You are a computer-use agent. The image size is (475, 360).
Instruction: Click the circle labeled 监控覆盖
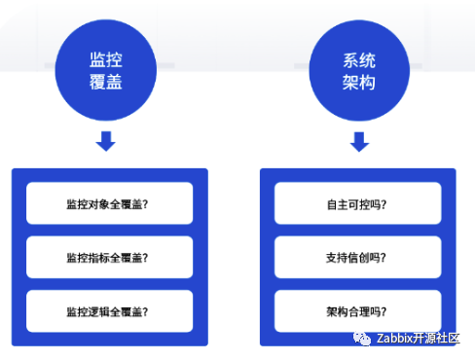pyautogui.click(x=106, y=70)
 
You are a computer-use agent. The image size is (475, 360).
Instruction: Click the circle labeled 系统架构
pyautogui.click(x=359, y=70)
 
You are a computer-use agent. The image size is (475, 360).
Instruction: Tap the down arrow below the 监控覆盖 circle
pyautogui.click(x=106, y=141)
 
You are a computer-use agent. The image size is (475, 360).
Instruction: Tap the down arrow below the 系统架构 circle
pyautogui.click(x=359, y=142)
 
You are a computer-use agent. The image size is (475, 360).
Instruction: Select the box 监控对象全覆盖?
pyautogui.click(x=110, y=203)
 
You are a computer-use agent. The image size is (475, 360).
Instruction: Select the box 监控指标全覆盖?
pyautogui.click(x=110, y=257)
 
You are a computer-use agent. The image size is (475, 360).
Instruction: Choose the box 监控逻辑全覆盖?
pyautogui.click(x=110, y=311)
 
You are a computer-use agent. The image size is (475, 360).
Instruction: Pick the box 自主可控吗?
pyautogui.click(x=358, y=203)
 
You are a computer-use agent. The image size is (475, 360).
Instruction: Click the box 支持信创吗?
pyautogui.click(x=358, y=257)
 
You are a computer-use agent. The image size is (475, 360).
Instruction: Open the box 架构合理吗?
pyautogui.click(x=358, y=311)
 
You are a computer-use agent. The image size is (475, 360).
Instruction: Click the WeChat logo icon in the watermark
pyautogui.click(x=362, y=339)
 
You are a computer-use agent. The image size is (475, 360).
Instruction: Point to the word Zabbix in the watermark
pyautogui.click(x=394, y=339)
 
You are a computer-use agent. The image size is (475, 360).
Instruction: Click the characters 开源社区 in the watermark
pyautogui.click(x=436, y=339)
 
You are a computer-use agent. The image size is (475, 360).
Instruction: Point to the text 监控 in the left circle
pyautogui.click(x=106, y=59)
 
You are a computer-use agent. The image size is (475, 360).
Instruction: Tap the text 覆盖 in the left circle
pyautogui.click(x=106, y=82)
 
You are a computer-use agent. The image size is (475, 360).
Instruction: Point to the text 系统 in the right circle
pyautogui.click(x=359, y=60)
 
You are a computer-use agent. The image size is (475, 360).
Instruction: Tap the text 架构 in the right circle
pyautogui.click(x=359, y=82)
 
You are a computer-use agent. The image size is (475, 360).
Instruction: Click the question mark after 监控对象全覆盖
pyautogui.click(x=145, y=204)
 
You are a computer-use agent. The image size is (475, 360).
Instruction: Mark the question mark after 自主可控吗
pyautogui.click(x=384, y=204)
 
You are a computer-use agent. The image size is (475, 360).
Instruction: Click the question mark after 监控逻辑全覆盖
pyautogui.click(x=145, y=312)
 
